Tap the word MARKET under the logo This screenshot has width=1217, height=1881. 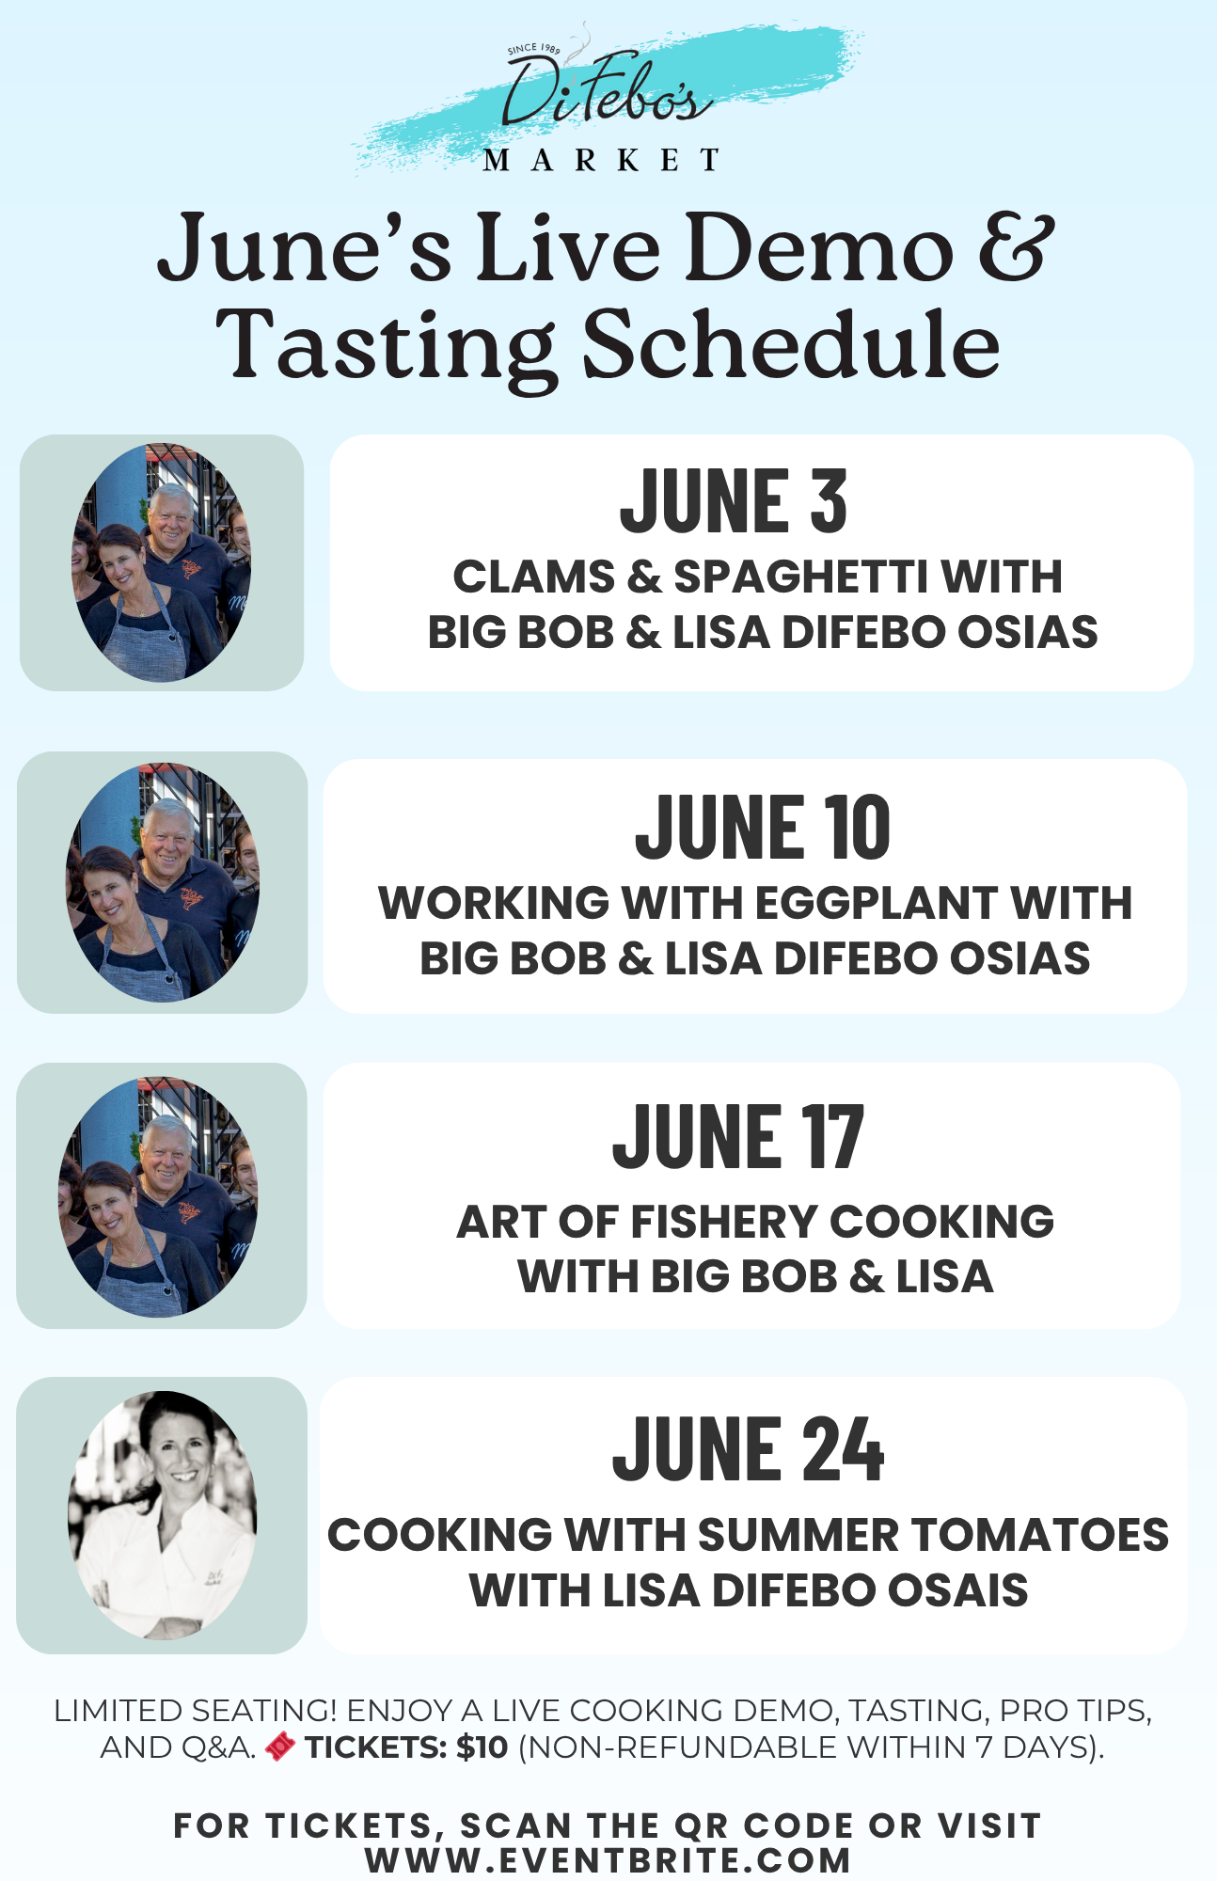[x=602, y=161]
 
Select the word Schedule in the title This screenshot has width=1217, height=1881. [x=792, y=343]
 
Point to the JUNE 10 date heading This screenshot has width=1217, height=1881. [x=763, y=827]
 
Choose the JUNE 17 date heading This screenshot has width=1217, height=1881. [x=738, y=1137]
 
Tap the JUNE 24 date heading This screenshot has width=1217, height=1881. [x=749, y=1449]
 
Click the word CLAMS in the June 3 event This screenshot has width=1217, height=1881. [x=534, y=577]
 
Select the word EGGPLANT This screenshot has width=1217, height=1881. [x=876, y=903]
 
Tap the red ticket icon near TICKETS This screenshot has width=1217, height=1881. [x=280, y=1747]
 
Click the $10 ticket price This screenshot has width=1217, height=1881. [x=482, y=1747]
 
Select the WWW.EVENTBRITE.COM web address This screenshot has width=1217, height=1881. [x=608, y=1860]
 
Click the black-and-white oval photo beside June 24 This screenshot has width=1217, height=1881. [x=162, y=1515]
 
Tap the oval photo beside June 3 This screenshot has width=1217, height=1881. [x=162, y=562]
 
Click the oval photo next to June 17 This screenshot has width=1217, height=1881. [x=158, y=1196]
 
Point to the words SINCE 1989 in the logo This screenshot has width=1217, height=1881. [x=533, y=48]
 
